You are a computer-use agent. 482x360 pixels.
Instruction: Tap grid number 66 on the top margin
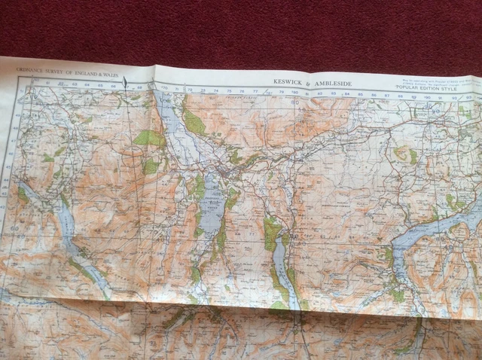112,86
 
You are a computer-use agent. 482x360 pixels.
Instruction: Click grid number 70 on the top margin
165,88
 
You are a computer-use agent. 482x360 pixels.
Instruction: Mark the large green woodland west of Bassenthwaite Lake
148,138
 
